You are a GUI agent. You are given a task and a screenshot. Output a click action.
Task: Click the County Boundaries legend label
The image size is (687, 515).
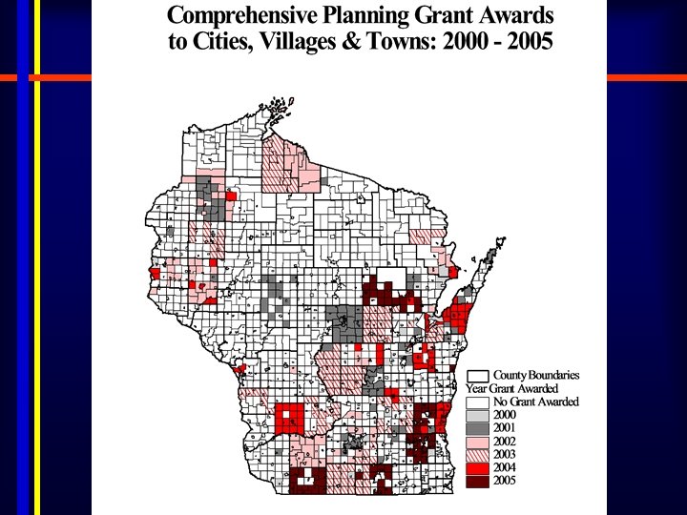tap(535, 376)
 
